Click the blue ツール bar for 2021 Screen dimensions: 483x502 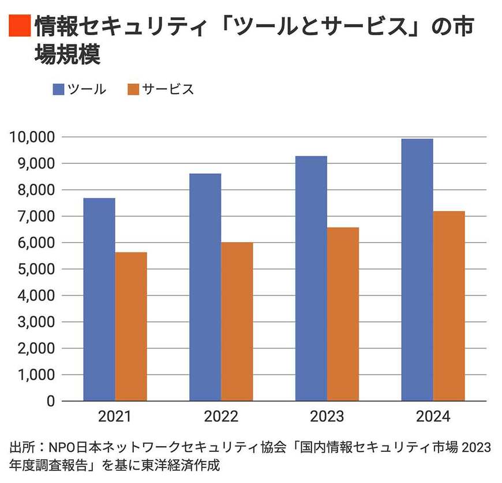99,299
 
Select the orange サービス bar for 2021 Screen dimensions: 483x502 131,327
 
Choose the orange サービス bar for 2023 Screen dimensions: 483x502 343,314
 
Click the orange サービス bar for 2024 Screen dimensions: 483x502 449,306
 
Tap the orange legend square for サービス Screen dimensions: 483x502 133,89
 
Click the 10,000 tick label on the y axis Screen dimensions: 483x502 32,137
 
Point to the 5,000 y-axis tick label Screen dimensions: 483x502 35,269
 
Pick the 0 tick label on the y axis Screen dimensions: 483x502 51,401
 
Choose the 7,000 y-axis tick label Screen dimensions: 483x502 35,216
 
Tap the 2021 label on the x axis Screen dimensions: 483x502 115,417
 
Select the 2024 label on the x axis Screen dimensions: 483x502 433,417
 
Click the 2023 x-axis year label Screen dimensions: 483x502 327,417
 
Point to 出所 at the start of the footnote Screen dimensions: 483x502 21,448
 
